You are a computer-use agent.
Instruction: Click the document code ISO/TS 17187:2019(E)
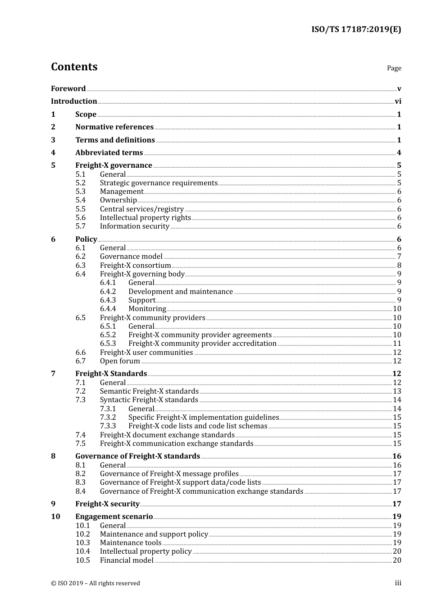[x=356, y=30]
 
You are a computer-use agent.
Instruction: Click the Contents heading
[x=74, y=67]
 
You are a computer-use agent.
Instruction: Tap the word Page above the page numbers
[x=394, y=68]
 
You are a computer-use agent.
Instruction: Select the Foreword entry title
[x=68, y=89]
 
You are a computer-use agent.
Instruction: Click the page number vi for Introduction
[x=398, y=101]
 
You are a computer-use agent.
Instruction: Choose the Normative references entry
[x=114, y=127]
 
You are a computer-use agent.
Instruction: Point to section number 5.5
[x=80, y=209]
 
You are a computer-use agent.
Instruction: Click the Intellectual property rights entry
[x=145, y=218]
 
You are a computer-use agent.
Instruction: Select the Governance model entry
[x=131, y=257]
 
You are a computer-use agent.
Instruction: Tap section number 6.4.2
[x=108, y=292]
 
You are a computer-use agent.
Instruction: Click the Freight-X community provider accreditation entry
[x=202, y=344]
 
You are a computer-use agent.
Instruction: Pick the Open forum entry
[x=120, y=361]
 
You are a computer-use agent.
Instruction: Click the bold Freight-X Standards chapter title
[x=111, y=374]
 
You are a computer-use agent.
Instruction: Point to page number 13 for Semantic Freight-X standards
[x=397, y=391]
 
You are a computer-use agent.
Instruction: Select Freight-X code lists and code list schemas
[x=198, y=426]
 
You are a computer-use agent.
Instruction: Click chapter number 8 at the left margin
[x=53, y=456]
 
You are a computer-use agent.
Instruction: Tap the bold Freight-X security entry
[x=107, y=504]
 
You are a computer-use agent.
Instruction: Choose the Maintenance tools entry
[x=130, y=543]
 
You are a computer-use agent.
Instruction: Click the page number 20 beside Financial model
[x=397, y=560]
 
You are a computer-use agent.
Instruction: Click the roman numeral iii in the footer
[x=398, y=583]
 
